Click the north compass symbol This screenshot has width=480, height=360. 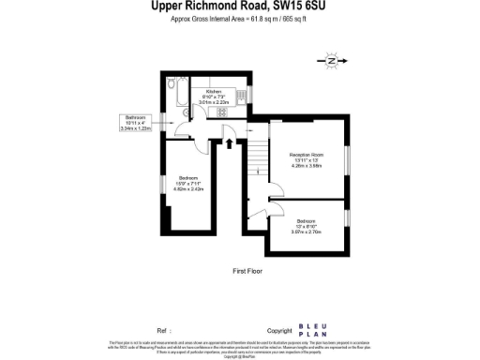point(332,61)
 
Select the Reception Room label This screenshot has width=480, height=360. point(306,154)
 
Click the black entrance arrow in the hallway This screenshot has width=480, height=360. point(230,143)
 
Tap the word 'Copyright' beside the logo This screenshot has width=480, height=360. point(279,331)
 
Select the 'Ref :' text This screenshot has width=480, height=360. point(164,331)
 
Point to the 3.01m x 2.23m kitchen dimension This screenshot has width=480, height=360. point(217,102)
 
